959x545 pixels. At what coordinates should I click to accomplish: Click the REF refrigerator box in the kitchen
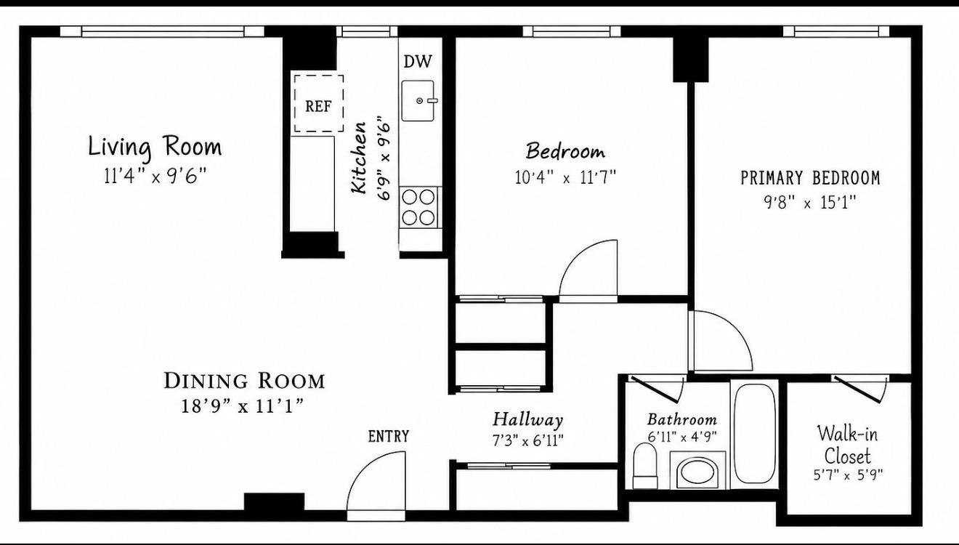point(318,104)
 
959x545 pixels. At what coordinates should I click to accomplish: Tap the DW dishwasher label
point(418,62)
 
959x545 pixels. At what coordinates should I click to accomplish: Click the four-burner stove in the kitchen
point(418,207)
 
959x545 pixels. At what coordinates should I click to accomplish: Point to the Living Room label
point(155,147)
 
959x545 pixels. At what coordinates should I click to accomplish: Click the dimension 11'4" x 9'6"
point(155,176)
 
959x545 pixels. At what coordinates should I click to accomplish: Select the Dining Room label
point(244,381)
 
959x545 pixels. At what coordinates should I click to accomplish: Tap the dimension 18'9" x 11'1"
point(243,405)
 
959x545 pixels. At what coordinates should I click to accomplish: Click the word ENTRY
point(389,436)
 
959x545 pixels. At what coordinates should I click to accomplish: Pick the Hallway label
point(527,419)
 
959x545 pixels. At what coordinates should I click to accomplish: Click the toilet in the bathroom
point(645,466)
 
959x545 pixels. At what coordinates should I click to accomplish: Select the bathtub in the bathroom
point(756,433)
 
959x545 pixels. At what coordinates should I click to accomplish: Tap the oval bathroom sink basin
point(697,472)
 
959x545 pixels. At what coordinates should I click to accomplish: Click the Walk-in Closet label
point(847,445)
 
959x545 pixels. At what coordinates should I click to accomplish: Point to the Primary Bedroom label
point(810,178)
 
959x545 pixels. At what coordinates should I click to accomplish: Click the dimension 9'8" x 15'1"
point(810,202)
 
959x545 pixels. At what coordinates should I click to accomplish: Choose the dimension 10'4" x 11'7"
point(565,177)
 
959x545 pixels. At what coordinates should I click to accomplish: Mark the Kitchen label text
point(359,158)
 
